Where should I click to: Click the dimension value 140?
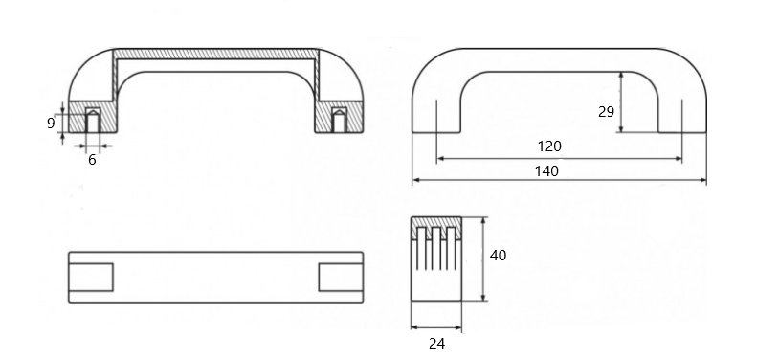pos(546,171)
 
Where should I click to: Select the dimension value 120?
pos(549,146)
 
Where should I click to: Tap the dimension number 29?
pos(606,112)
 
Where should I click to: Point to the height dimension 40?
pos(498,255)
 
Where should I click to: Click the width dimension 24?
pos(436,344)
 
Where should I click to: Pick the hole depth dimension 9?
pos(51,124)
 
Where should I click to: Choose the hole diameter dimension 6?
pos(92,160)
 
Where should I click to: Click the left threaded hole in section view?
pos(93,121)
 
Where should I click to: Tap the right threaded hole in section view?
pos(339,121)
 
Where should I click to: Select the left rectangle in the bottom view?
pos(91,278)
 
